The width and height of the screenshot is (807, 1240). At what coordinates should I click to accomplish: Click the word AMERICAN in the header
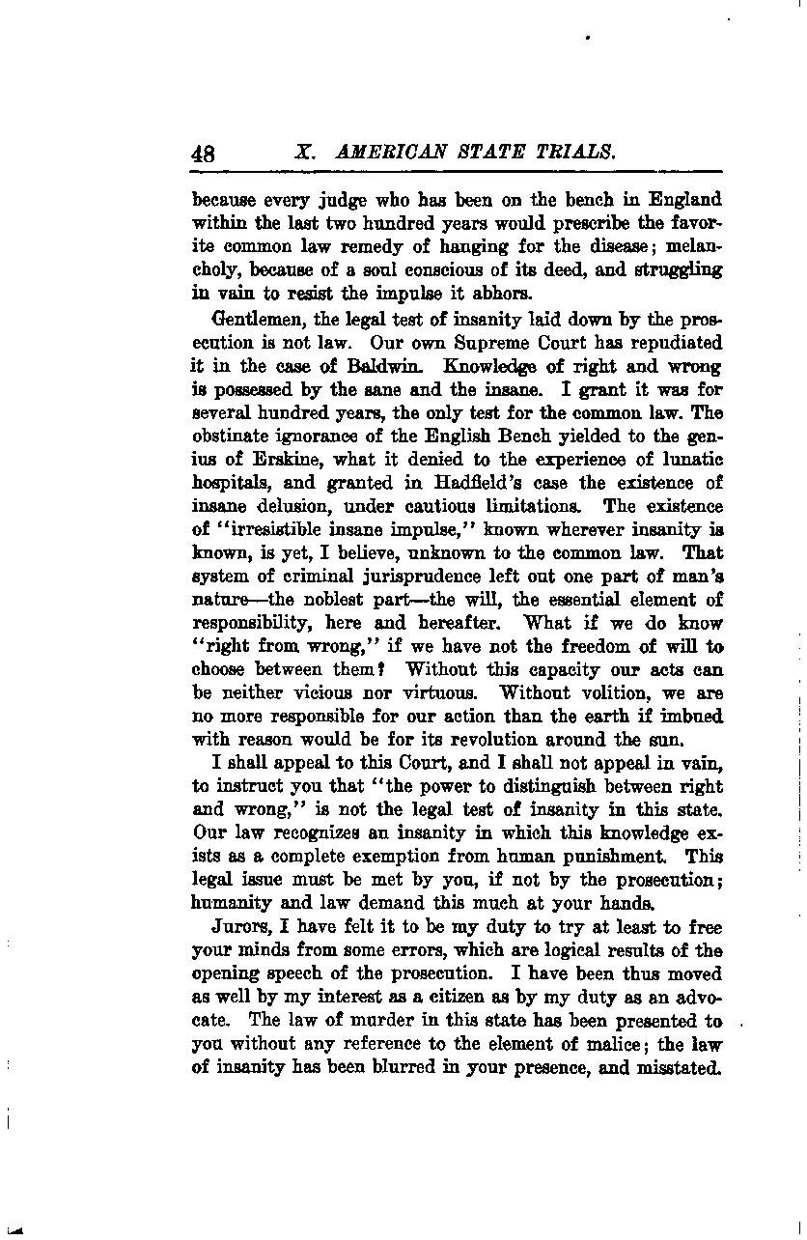(x=383, y=153)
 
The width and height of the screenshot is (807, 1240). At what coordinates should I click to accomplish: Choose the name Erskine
(x=256, y=460)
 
